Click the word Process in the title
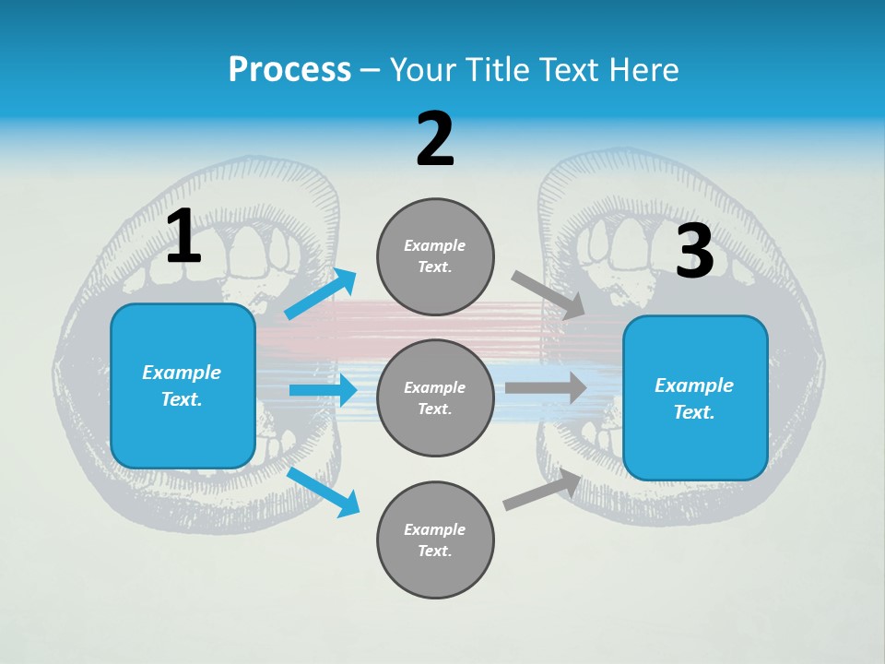click(289, 69)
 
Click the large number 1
click(183, 237)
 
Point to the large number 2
click(435, 139)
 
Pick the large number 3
click(694, 251)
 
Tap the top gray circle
click(435, 256)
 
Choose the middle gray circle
click(435, 397)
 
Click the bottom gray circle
click(435, 539)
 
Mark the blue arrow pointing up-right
click(321, 294)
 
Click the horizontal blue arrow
click(323, 390)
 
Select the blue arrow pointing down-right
click(324, 492)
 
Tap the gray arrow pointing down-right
click(548, 295)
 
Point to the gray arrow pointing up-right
click(542, 490)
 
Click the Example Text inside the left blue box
click(182, 385)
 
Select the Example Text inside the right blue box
click(694, 398)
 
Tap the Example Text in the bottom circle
click(435, 539)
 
